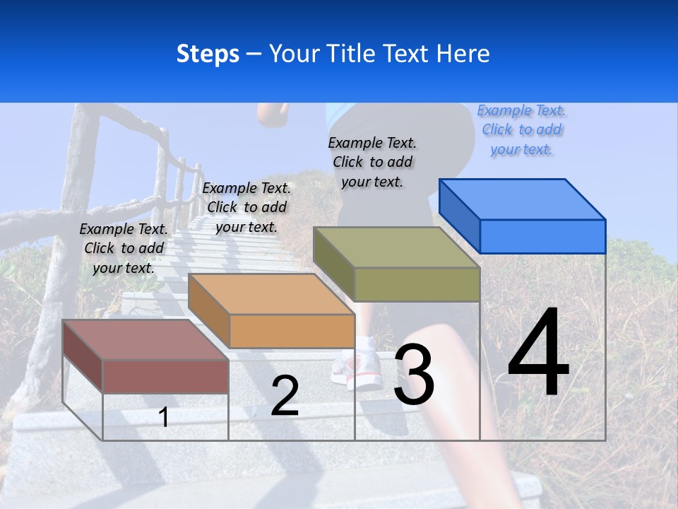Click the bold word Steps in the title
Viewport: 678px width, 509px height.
[x=208, y=54]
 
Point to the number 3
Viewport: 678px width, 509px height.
[x=414, y=375]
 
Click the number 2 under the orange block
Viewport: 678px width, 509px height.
[x=285, y=396]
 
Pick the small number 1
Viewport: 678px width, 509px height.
[x=164, y=417]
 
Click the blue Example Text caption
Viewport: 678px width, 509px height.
[x=522, y=130]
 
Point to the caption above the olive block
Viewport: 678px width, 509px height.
[x=373, y=163]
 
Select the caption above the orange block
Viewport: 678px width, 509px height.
[x=246, y=208]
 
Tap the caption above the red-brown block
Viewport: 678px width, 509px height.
[x=124, y=249]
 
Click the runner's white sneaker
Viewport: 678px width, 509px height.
[x=359, y=368]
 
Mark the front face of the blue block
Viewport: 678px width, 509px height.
[x=542, y=236]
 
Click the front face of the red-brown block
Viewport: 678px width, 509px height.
[x=165, y=376]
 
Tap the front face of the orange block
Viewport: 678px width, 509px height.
[x=292, y=331]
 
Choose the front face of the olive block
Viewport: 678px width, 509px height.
[x=417, y=284]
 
